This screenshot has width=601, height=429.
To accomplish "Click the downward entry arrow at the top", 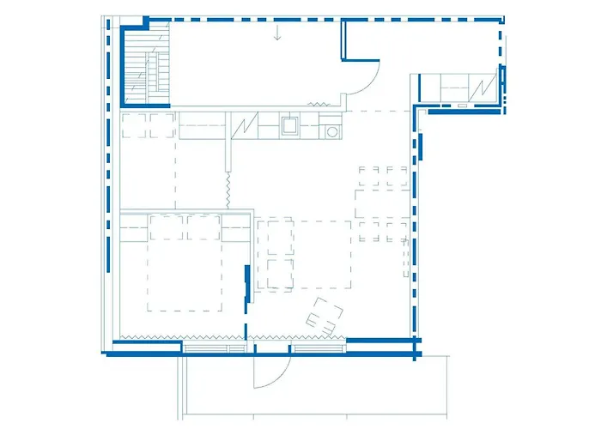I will coord(277,34).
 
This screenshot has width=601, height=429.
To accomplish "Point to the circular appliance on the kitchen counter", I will coord(331,131).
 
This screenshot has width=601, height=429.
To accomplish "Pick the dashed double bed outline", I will coord(185,262).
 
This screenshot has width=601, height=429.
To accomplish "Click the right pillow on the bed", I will coord(203,227).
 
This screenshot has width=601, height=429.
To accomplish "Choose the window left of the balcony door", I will coord(215,347).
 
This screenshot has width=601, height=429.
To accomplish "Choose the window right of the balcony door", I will coord(318,347).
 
